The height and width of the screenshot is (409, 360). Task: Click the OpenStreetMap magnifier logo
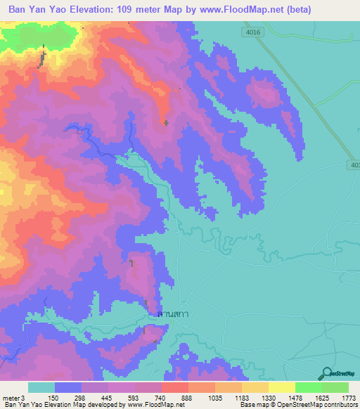(x=326, y=373)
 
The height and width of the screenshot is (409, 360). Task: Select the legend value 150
(x=52, y=398)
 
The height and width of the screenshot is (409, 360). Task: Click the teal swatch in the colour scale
(x=41, y=387)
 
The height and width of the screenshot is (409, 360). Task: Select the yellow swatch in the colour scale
(x=281, y=387)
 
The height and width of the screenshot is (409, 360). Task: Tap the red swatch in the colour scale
(x=174, y=387)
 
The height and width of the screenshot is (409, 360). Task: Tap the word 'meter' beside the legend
(x=10, y=398)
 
